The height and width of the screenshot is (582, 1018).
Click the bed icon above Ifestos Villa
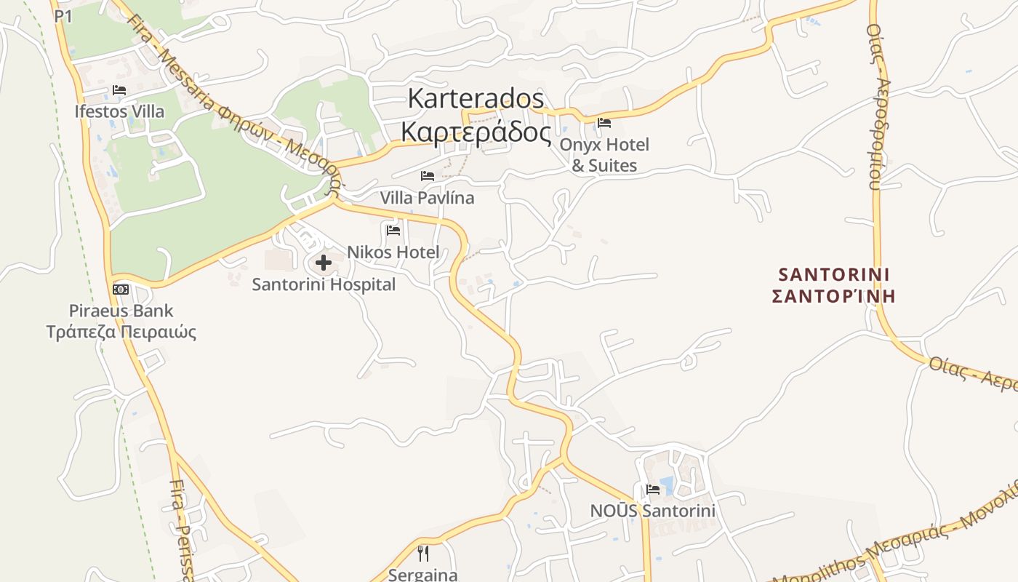pyautogui.click(x=119, y=90)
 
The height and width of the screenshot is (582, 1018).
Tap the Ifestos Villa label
pyautogui.click(x=119, y=111)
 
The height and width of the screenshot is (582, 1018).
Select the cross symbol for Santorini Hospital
pyautogui.click(x=324, y=263)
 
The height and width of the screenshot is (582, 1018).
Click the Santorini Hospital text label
pyautogui.click(x=324, y=284)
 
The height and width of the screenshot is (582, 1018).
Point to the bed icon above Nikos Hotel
pyautogui.click(x=393, y=231)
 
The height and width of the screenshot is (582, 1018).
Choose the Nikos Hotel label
pyautogui.click(x=393, y=252)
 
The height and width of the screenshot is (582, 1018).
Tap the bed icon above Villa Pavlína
pyautogui.click(x=428, y=176)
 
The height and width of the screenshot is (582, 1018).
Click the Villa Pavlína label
pyautogui.click(x=427, y=198)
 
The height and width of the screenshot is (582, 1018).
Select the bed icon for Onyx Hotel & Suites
pyautogui.click(x=604, y=122)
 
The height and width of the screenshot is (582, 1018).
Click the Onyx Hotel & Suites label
pyautogui.click(x=604, y=155)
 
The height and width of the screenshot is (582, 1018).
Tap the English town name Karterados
pyautogui.click(x=476, y=97)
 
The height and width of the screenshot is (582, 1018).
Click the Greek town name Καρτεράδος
pyautogui.click(x=476, y=132)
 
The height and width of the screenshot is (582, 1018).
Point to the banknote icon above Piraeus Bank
pyautogui.click(x=121, y=289)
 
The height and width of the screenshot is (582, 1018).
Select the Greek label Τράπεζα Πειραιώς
pyautogui.click(x=121, y=332)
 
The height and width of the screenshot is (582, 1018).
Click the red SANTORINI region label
pyautogui.click(x=834, y=275)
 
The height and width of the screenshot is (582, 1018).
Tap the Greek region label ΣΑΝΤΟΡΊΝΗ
pyautogui.click(x=833, y=297)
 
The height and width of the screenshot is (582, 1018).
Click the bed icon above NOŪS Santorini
pyautogui.click(x=653, y=489)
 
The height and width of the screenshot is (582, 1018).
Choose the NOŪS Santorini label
pyautogui.click(x=653, y=511)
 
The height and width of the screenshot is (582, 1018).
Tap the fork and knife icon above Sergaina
pyautogui.click(x=423, y=554)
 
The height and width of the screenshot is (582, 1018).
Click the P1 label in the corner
pyautogui.click(x=63, y=16)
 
